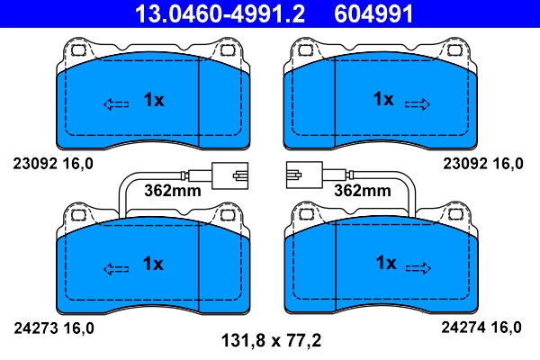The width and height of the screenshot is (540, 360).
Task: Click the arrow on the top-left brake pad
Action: (117, 103)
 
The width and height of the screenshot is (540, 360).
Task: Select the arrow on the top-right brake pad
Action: (418, 103)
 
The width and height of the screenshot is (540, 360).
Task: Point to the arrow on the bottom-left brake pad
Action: (117, 267)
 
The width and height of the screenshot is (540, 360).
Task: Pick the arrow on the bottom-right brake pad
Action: (418, 267)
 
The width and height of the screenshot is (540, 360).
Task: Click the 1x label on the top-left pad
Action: (154, 101)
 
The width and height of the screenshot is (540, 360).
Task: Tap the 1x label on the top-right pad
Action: (384, 99)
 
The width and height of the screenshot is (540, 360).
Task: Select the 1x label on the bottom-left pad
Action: (154, 264)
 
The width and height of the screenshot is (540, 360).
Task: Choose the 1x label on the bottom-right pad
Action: (385, 263)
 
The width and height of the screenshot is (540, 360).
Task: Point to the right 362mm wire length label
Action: (362, 190)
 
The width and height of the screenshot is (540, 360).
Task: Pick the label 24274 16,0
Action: (482, 328)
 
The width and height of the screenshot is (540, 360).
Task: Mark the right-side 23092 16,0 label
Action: (482, 164)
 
